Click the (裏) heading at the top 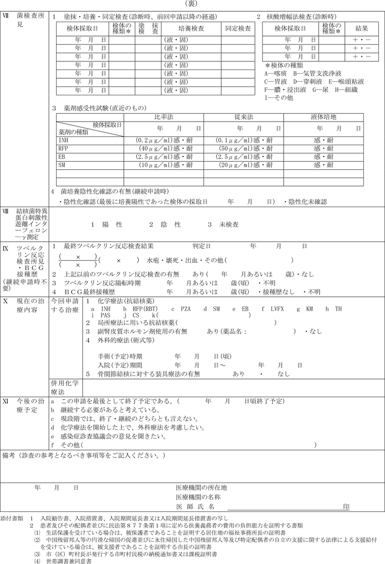(x=193, y=4)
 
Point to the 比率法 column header (x=163, y=117)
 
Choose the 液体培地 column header (x=323, y=117)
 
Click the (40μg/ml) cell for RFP (x=163, y=148)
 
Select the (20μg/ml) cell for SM (x=243, y=165)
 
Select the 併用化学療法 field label (x=65, y=388)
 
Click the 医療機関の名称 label (x=198, y=497)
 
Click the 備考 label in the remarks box (x=10, y=456)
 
